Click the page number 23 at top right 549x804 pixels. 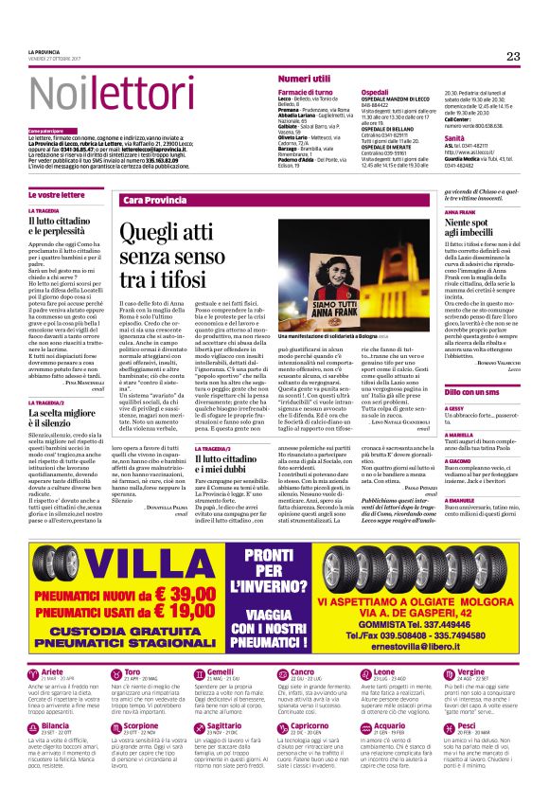[512, 57]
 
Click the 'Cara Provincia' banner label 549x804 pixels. [150, 201]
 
